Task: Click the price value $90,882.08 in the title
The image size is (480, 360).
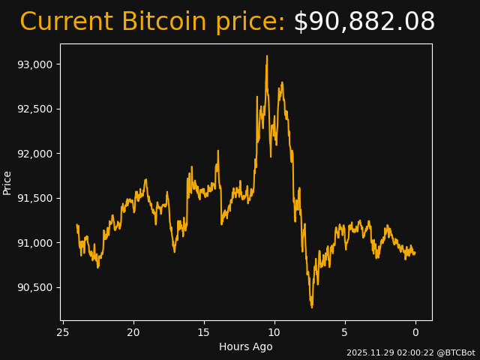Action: tap(364, 22)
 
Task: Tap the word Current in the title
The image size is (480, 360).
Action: tap(66, 22)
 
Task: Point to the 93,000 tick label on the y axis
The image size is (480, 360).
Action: tap(34, 64)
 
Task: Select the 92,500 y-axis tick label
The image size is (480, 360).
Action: tap(34, 109)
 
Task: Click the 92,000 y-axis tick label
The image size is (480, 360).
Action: tap(34, 154)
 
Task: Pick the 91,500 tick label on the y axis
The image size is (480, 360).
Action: tap(34, 198)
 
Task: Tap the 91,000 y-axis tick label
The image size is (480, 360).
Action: tap(34, 243)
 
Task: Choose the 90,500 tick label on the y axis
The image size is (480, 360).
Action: tap(34, 287)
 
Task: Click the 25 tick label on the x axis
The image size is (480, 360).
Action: tap(63, 332)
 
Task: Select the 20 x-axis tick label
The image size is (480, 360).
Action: tap(133, 332)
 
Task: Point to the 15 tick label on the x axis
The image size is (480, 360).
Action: tap(204, 332)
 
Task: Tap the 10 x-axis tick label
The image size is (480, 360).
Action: tap(274, 332)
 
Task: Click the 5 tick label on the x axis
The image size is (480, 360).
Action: tap(345, 332)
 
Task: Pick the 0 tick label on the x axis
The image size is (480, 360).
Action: tap(415, 332)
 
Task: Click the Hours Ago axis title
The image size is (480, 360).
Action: tap(246, 346)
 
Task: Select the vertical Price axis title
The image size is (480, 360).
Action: tap(7, 182)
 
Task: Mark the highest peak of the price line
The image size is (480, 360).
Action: tap(266, 55)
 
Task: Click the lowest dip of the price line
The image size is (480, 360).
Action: tap(312, 307)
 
